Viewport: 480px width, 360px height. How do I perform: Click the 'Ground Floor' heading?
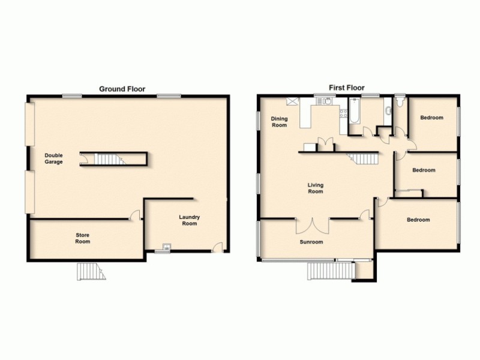point(122,88)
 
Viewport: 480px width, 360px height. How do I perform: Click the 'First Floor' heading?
point(346,88)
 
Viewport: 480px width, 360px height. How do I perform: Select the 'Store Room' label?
point(82,239)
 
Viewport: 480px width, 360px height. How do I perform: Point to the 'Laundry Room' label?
point(189,220)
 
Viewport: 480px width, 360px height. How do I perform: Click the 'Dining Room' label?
point(279,122)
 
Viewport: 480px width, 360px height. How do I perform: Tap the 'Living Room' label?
point(316,188)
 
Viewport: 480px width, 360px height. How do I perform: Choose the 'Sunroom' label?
point(311,242)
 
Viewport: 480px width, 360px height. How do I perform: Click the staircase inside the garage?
point(109,159)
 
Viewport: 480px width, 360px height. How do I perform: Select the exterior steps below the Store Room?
point(91,272)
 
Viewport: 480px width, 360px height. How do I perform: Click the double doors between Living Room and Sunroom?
point(312,225)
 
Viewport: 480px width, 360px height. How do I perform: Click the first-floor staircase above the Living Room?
point(364,158)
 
